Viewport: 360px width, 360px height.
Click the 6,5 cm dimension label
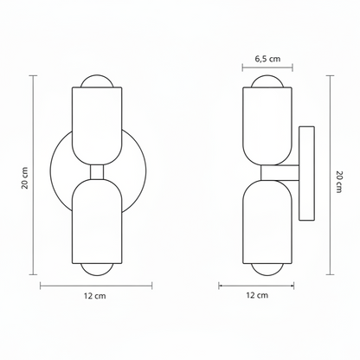pyautogui.click(x=267, y=59)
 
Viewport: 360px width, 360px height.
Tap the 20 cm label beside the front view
pyautogui.click(x=25, y=178)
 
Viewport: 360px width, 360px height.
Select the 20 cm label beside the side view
pyautogui.click(x=338, y=182)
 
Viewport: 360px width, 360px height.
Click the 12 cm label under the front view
pyautogui.click(x=95, y=296)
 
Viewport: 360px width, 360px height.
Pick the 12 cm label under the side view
pyautogui.click(x=257, y=295)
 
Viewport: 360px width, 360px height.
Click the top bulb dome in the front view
pyautogui.click(x=97, y=81)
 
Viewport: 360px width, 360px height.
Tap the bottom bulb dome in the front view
pyautogui.click(x=97, y=269)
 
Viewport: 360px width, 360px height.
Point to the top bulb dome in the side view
pyautogui.click(x=267, y=81)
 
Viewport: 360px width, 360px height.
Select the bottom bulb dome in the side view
pyautogui.click(x=267, y=269)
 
